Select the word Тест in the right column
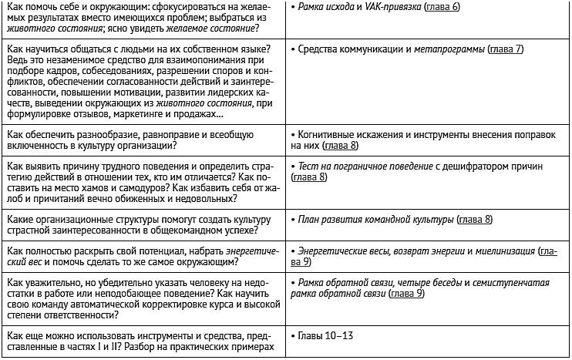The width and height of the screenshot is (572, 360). pos(309,165)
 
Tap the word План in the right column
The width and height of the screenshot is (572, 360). pos(310,220)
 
